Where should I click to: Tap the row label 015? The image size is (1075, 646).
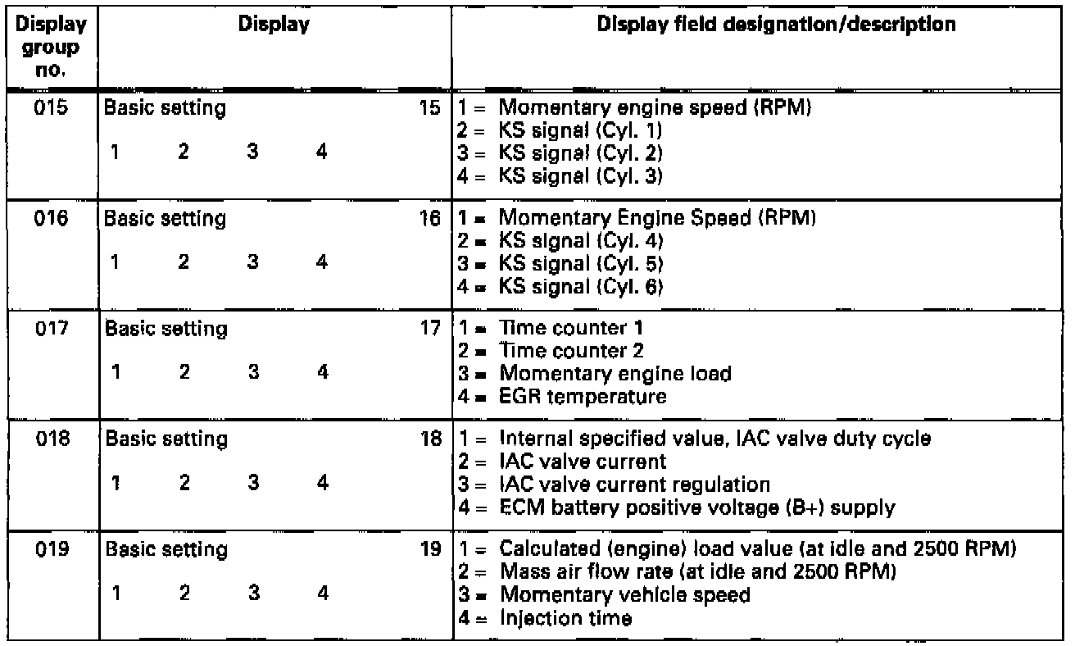[49, 109]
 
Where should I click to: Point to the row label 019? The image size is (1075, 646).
[49, 552]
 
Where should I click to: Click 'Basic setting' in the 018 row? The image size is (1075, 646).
[164, 441]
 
